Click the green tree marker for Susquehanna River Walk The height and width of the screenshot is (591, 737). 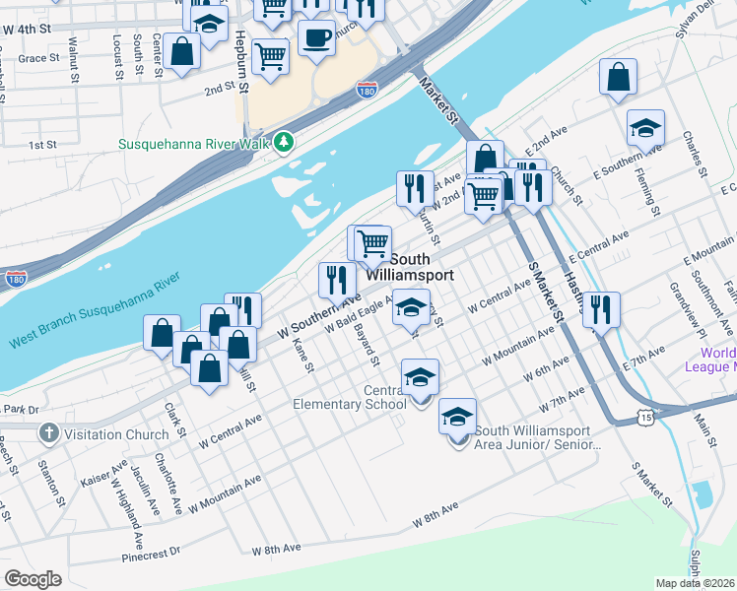285,144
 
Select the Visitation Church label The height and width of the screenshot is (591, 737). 119,434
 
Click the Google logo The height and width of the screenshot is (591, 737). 33,579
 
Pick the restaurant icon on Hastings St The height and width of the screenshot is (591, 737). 600,309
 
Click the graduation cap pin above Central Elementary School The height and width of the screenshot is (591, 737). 420,376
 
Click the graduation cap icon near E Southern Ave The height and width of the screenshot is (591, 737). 645,129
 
